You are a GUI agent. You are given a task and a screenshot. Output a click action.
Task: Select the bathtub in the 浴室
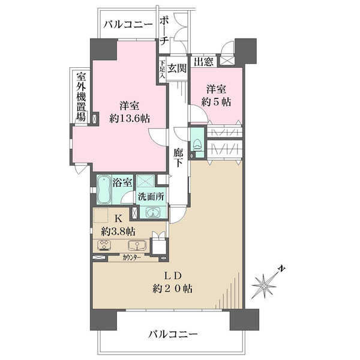click(103, 190)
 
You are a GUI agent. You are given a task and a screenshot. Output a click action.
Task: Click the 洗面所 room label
click(151, 196)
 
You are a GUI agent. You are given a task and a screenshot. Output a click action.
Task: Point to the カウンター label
click(132, 258)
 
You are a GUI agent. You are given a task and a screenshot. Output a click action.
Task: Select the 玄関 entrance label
click(176, 67)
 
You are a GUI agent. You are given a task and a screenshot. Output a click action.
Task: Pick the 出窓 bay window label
click(205, 61)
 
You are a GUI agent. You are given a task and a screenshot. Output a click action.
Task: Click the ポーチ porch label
click(164, 28)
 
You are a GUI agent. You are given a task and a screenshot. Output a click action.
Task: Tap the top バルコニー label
click(127, 25)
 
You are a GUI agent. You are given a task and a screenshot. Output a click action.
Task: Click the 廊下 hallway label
click(179, 160)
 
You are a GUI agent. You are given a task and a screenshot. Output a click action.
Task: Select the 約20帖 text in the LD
click(171, 289)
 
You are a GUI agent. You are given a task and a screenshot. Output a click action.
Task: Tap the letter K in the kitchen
click(119, 218)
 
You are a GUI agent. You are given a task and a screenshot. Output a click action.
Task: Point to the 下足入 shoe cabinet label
click(162, 67)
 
